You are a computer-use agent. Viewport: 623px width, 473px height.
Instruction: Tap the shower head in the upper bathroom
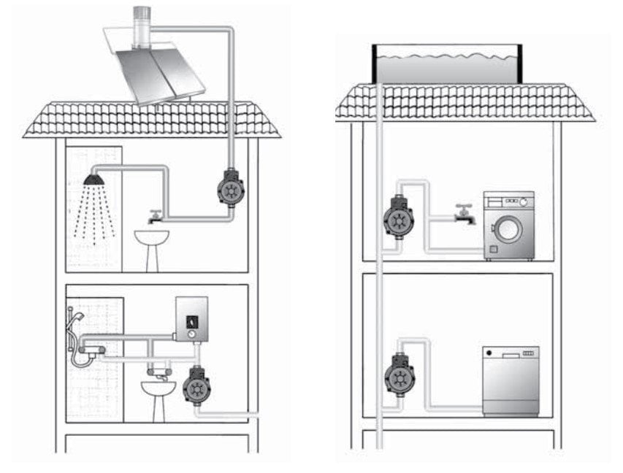[93, 179]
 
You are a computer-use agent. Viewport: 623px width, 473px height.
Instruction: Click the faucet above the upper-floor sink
[154, 217]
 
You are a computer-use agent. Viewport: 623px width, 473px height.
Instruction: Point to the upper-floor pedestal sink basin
[151, 237]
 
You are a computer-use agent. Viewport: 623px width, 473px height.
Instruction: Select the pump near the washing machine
[399, 218]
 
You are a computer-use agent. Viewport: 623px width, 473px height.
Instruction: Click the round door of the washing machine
[508, 231]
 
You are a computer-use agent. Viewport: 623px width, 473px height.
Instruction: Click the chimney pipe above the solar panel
[139, 26]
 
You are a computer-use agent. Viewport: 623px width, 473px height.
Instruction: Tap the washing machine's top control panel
[509, 199]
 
